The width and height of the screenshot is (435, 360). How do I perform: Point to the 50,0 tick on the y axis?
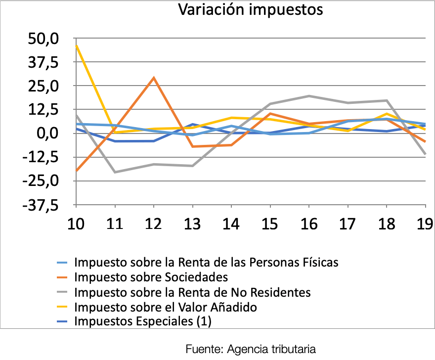coord(45,39)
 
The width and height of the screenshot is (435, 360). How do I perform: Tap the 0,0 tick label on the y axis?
coord(48,134)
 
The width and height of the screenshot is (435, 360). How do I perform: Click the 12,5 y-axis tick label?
coord(45,110)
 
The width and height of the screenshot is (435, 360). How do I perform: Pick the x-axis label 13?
coord(193,223)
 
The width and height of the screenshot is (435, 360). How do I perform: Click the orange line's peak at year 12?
coord(154,78)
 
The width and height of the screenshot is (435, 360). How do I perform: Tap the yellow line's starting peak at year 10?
coord(76,45)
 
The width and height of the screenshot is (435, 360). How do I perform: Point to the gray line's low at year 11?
coord(115,172)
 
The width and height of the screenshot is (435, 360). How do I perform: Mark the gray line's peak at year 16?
coord(309,96)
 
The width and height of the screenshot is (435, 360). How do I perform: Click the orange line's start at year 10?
coord(76,171)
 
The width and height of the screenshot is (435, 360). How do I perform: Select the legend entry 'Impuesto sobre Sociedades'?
coord(150,277)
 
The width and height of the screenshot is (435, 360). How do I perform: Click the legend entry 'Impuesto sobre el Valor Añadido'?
coord(165,307)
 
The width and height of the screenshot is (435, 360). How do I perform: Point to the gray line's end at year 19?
coord(425,154)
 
